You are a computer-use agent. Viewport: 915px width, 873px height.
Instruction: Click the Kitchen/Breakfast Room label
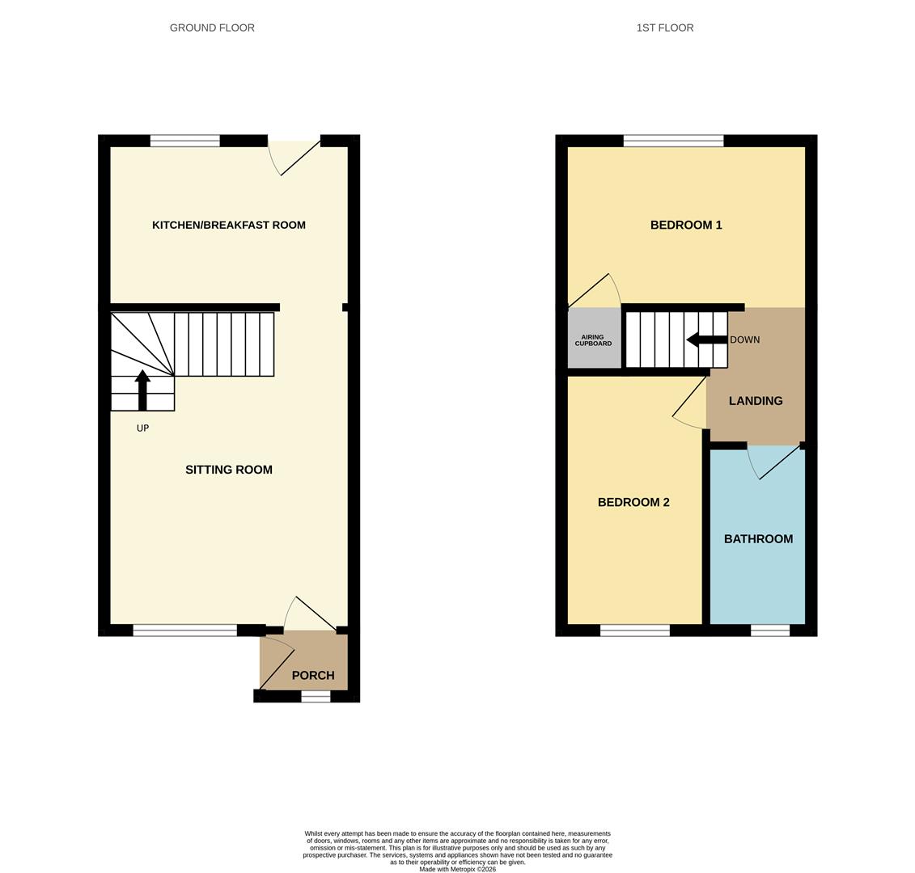pyautogui.click(x=229, y=225)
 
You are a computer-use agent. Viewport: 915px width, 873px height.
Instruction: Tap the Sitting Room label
pyautogui.click(x=229, y=470)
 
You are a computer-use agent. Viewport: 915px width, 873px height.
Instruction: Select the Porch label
pyautogui.click(x=313, y=675)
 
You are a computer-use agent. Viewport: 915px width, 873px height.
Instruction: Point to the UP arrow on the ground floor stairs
pyautogui.click(x=142, y=390)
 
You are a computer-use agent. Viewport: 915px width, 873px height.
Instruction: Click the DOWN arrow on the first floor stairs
pyautogui.click(x=706, y=339)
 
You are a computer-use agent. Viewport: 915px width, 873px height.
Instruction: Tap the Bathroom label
pyautogui.click(x=759, y=539)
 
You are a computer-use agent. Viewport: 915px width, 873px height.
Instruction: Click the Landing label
pyautogui.click(x=756, y=401)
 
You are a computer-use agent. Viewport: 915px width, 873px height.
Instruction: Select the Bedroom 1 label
pyautogui.click(x=686, y=225)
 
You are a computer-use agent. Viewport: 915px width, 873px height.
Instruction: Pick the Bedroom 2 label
pyautogui.click(x=633, y=503)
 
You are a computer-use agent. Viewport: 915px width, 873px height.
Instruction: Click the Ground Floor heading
pyautogui.click(x=213, y=28)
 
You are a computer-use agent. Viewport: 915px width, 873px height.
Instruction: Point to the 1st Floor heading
pyautogui.click(x=665, y=28)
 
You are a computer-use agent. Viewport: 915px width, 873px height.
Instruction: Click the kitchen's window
pyautogui.click(x=185, y=141)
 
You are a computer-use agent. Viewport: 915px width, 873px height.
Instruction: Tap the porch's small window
pyautogui.click(x=316, y=696)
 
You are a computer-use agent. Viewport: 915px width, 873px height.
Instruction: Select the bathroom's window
pyautogui.click(x=769, y=630)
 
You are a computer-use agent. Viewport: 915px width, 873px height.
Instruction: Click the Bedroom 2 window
pyautogui.click(x=635, y=630)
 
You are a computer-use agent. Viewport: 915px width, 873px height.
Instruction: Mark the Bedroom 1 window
pyautogui.click(x=673, y=141)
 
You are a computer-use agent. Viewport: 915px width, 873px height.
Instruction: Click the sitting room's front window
pyautogui.click(x=185, y=630)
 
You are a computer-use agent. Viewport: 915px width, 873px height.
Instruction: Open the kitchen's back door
pyautogui.click(x=294, y=155)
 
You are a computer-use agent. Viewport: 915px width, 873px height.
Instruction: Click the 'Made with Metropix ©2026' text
pyautogui.click(x=458, y=870)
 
